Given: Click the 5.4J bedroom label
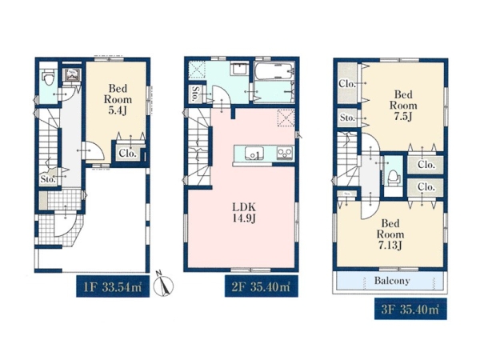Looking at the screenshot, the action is (x=118, y=99).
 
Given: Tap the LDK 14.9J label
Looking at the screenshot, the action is (x=244, y=213).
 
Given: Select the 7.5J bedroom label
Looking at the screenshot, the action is (x=403, y=106).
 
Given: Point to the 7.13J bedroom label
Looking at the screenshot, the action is (x=390, y=234).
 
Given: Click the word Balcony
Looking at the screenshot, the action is (x=392, y=281).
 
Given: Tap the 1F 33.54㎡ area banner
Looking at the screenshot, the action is (x=113, y=286).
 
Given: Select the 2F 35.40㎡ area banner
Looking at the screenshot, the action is (x=262, y=286).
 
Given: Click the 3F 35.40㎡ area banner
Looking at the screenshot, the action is (x=410, y=309).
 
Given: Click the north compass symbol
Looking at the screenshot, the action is (x=163, y=284).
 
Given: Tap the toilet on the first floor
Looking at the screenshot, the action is (x=48, y=78).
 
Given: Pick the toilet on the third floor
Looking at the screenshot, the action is (x=393, y=178).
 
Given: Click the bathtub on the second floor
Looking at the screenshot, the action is (x=274, y=71).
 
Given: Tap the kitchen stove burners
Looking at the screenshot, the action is (x=285, y=153).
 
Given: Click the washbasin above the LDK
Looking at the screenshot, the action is (x=240, y=69).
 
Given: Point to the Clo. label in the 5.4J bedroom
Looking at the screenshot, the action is (x=127, y=153).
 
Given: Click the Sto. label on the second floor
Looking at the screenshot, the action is (x=194, y=94).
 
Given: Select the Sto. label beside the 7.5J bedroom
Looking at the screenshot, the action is (x=347, y=118).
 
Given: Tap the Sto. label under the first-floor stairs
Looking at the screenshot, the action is (x=48, y=179).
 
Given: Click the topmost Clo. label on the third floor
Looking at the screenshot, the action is (x=347, y=83).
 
